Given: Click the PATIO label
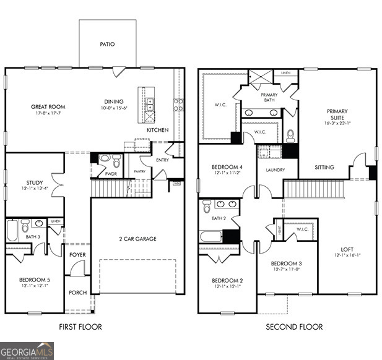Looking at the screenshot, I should [107, 45].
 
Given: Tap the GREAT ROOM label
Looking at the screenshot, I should [48, 107].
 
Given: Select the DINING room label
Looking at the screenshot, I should [114, 101].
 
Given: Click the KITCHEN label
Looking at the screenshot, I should [157, 131].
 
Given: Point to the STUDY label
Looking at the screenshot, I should [34, 182].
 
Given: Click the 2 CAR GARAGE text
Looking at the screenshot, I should [137, 239].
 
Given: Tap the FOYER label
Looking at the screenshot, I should [77, 254].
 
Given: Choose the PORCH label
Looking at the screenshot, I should [77, 293].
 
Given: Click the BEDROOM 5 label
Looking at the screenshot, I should [34, 280].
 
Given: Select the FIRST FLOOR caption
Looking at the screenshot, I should [80, 327].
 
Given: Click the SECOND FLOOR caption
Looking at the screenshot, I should [294, 327].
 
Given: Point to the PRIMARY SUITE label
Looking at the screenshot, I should [337, 114].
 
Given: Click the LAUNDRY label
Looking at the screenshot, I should [275, 169].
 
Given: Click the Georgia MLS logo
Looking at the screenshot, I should [27, 351].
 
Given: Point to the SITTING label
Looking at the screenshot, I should [324, 168].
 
